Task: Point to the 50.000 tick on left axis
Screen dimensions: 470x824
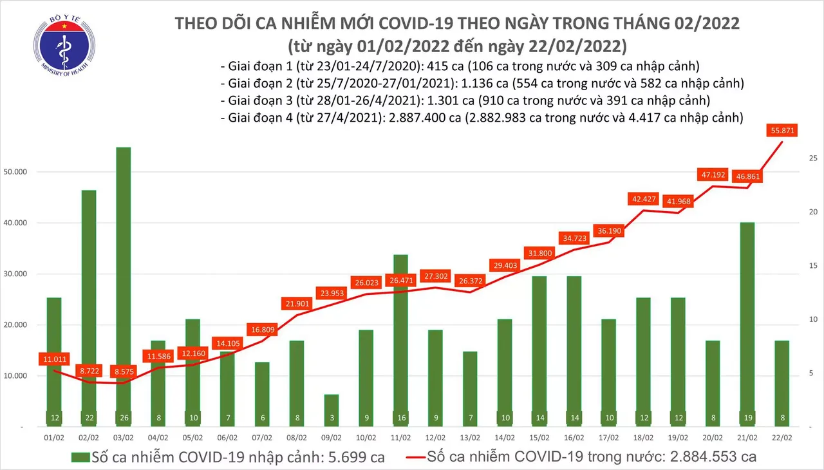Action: (23, 172)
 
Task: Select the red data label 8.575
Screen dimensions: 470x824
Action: (118, 372)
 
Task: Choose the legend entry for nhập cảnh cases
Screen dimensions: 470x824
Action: (229, 457)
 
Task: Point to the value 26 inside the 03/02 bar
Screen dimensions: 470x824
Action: (118, 418)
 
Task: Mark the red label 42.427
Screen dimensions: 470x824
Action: (644, 199)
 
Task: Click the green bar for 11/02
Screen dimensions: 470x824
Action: (400, 341)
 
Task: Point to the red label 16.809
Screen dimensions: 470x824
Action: (261, 330)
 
